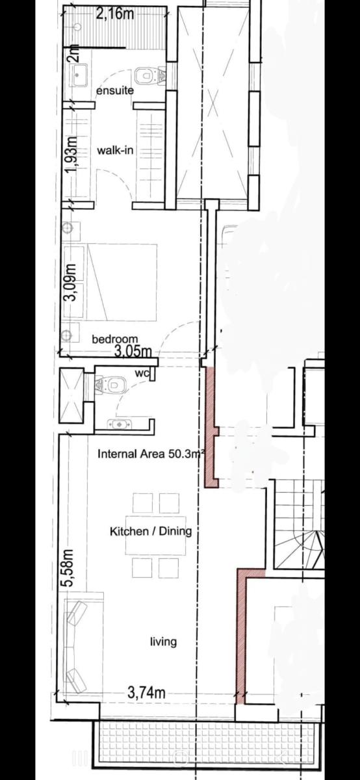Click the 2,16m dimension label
[109, 14]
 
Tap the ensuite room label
[115, 90]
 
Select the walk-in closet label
[115, 150]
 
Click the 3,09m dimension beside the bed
[71, 282]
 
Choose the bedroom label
[114, 339]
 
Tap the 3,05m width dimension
[133, 352]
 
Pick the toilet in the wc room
[110, 385]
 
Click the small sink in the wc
[120, 424]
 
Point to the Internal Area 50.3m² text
[151, 454]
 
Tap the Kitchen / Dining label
[151, 531]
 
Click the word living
[163, 642]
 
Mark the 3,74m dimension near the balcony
[146, 693]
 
